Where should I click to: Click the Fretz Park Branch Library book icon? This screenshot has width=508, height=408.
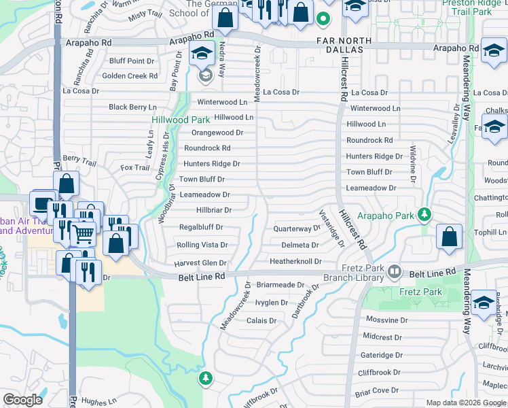(x=394, y=272)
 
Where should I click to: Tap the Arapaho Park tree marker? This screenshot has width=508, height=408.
(x=424, y=216)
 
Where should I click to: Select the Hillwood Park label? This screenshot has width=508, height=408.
(x=170, y=120)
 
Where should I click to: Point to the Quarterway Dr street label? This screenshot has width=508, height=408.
(x=296, y=229)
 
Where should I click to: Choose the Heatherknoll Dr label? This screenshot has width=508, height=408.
(x=295, y=261)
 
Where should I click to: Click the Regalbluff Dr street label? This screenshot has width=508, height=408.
(x=200, y=227)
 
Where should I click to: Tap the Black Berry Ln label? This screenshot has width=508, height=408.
(x=132, y=107)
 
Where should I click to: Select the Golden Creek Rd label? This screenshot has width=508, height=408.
(x=130, y=76)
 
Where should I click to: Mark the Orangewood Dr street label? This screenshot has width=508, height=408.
(x=217, y=133)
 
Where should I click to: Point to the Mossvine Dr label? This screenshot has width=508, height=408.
(x=386, y=320)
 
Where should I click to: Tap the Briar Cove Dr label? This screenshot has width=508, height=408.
(x=376, y=391)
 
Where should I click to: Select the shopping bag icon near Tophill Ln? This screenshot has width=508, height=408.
(x=449, y=237)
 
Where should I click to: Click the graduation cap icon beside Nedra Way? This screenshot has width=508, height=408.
(x=202, y=54)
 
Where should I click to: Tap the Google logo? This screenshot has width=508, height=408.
(x=23, y=400)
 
